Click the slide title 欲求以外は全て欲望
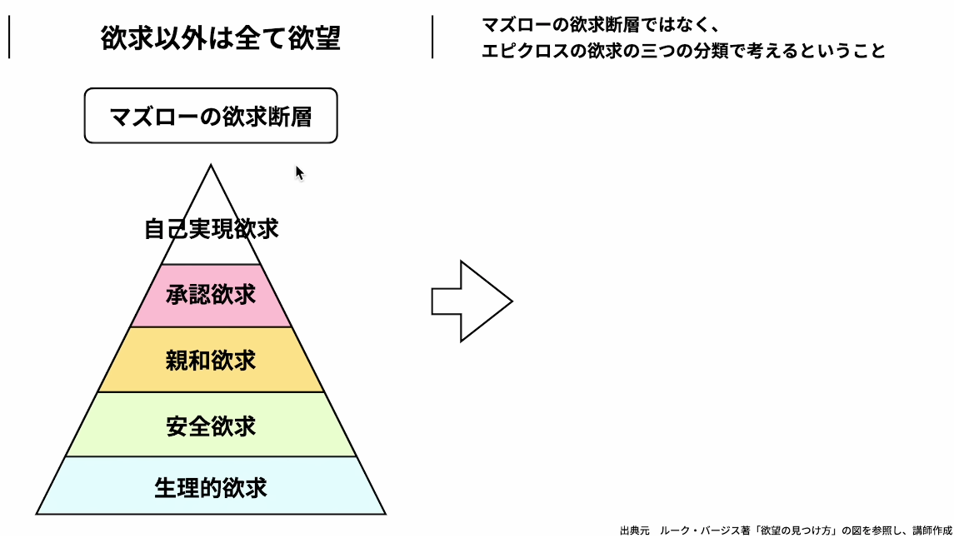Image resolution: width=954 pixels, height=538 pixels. click(221, 38)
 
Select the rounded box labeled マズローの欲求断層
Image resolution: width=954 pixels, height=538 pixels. click(211, 116)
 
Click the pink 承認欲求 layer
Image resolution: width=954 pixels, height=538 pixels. click(211, 296)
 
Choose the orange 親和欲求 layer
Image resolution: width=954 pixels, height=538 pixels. click(211, 361)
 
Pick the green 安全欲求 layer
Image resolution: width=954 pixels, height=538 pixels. click(211, 426)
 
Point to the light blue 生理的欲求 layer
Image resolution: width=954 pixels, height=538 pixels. click(211, 487)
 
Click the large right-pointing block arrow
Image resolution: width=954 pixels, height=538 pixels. click(471, 301)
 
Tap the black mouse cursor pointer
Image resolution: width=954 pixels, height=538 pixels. click(300, 172)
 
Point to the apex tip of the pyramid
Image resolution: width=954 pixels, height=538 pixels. click(211, 167)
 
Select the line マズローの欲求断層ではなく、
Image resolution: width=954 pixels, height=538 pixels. click(601, 25)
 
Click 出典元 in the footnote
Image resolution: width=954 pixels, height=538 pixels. click(634, 530)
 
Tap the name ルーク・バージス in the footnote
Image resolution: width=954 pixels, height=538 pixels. click(693, 530)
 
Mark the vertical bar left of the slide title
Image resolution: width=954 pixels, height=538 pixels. click(9, 38)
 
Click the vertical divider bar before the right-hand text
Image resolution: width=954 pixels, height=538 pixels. click(432, 37)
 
